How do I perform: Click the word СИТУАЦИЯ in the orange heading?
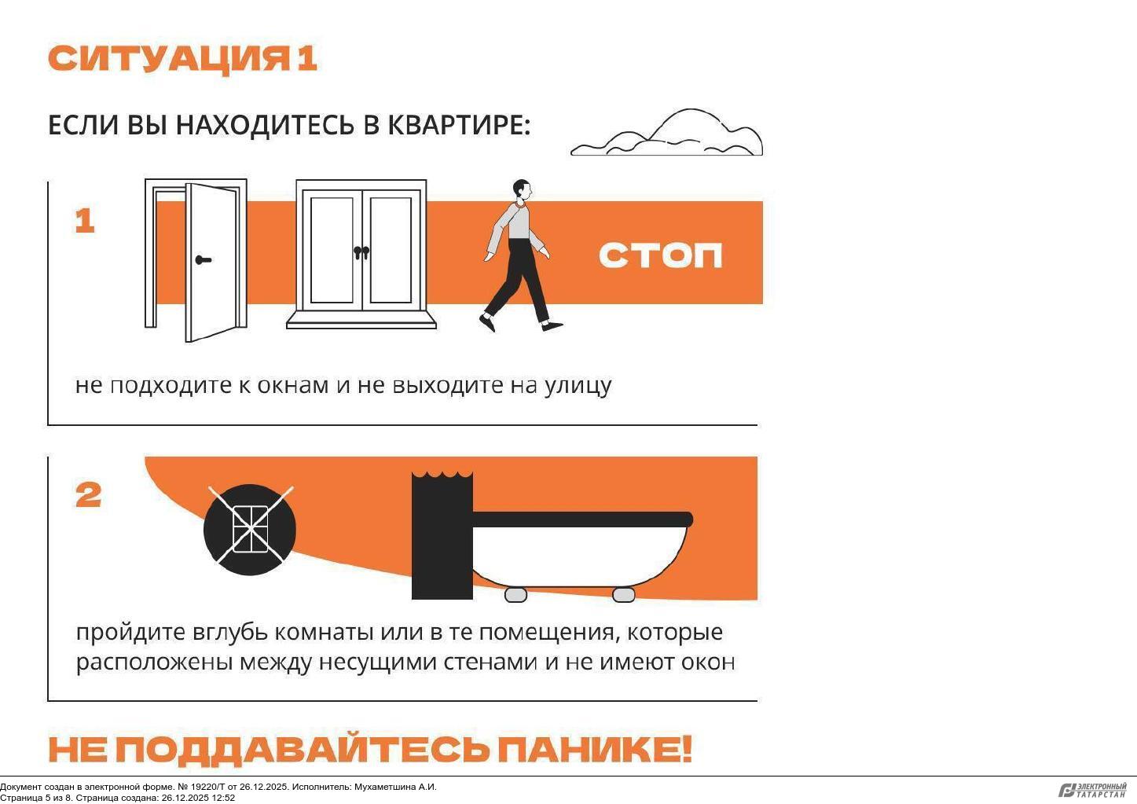click(168, 59)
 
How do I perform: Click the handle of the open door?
click(203, 260)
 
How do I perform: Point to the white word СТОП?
click(660, 255)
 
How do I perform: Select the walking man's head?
click(523, 189)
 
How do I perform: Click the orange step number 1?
click(85, 222)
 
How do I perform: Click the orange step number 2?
click(88, 495)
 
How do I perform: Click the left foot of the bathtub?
click(515, 594)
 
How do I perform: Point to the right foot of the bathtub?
click(624, 594)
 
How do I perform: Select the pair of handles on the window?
click(361, 252)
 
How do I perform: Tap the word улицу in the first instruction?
click(578, 386)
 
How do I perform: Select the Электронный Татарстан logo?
click(1092, 790)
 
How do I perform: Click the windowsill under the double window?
click(361, 320)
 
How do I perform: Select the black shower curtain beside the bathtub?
click(442, 535)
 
